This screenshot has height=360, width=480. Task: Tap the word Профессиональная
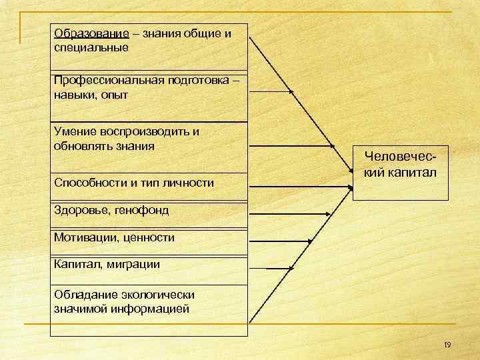coord(104,81)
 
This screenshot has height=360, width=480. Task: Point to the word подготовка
coord(191,81)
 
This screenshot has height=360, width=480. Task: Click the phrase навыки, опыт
coord(90,95)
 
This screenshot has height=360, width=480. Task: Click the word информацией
coord(148,309)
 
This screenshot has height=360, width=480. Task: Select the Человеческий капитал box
coord(401,173)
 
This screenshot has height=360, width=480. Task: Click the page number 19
coord(447,345)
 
